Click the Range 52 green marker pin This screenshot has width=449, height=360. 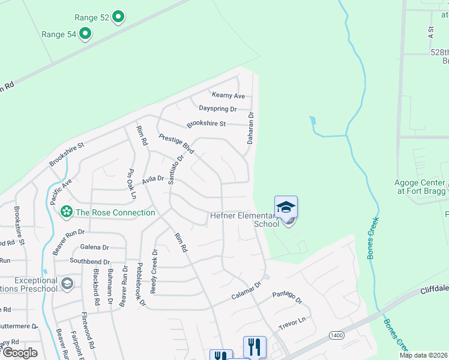pyautogui.click(x=119, y=17)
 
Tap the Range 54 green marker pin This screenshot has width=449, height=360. pyautogui.click(x=86, y=34)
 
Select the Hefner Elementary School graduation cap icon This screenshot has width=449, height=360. pyautogui.click(x=286, y=208)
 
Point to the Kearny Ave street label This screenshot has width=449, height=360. pyautogui.click(x=228, y=95)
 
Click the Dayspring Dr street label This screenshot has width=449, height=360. pyautogui.click(x=217, y=109)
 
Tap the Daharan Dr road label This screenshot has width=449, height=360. pyautogui.click(x=251, y=128)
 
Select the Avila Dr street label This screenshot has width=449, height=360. pyautogui.click(x=152, y=179)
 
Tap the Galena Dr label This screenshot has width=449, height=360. pyautogui.click(x=94, y=247)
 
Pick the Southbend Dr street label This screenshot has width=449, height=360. pyautogui.click(x=89, y=262)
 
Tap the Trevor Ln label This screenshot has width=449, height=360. pyautogui.click(x=292, y=323)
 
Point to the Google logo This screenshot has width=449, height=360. pyautogui.click(x=20, y=353)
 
